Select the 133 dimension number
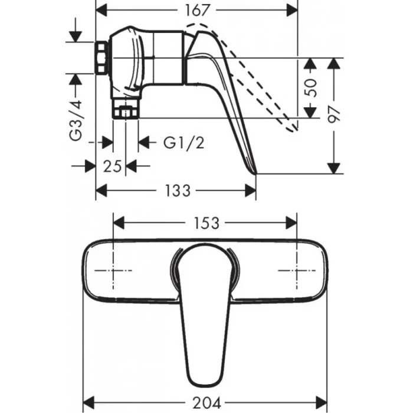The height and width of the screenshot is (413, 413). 177,191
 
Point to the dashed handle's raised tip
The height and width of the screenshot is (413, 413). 292,128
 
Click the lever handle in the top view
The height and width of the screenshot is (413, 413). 204,307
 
